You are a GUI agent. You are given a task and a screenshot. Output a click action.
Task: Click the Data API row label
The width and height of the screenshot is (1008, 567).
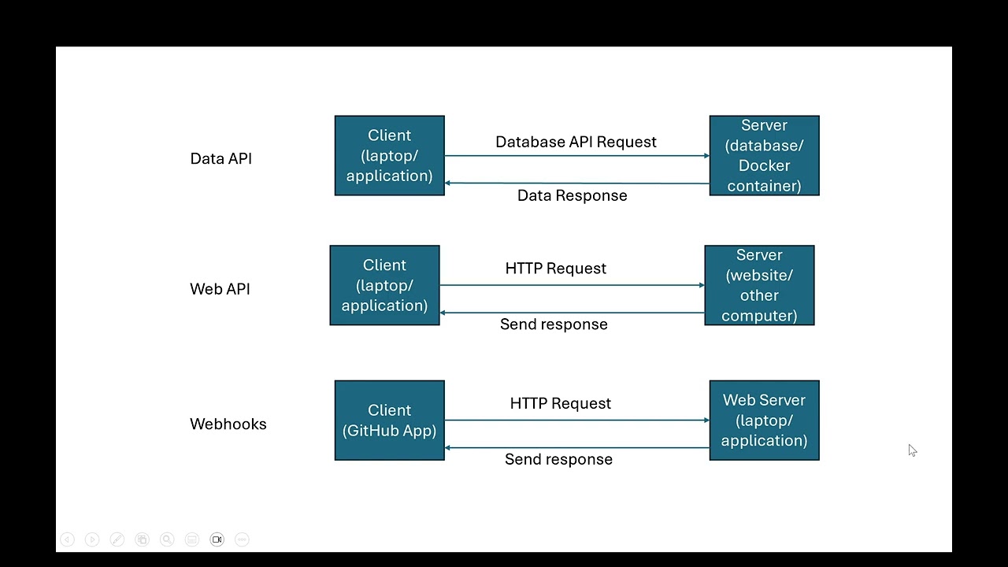coord(220,158)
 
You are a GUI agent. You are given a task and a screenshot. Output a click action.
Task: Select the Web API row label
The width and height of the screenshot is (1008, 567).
coord(220,289)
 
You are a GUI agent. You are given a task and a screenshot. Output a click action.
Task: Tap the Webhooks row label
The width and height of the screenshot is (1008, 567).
coord(228,424)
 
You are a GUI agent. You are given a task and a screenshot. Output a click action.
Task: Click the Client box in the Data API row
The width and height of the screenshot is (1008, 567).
coord(389,155)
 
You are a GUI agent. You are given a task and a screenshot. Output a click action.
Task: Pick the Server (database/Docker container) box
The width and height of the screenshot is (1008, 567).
coord(764,155)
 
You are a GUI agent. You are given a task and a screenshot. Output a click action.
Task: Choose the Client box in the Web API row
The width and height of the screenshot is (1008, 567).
coord(384,285)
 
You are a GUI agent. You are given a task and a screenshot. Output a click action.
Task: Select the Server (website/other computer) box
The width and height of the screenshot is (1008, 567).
coord(759,285)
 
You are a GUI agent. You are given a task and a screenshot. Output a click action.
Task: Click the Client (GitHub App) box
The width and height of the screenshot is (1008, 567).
coord(389,420)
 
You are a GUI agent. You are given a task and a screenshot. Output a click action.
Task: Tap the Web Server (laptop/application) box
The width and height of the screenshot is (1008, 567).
coord(764,420)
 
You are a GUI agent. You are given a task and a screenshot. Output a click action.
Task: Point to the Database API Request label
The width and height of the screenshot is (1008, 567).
coord(576,142)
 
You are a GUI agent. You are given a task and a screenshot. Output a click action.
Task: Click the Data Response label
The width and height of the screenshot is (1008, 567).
coord(572,195)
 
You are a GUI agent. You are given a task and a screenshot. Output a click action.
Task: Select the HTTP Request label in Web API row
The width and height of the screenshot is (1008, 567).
coord(555,269)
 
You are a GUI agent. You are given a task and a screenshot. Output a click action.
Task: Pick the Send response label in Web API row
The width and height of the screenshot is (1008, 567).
coord(554,324)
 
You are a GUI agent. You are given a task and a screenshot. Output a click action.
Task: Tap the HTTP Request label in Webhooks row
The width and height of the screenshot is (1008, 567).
coord(560,403)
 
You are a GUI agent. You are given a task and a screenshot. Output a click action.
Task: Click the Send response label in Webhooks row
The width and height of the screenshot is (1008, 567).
coord(558,459)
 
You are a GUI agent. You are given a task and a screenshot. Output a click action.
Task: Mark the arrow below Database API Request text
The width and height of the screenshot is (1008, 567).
coord(576,156)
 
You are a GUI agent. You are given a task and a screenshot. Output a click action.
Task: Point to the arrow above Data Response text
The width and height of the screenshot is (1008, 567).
coord(576,183)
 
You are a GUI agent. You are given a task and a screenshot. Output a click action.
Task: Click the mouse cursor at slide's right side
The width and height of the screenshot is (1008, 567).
coord(912,450)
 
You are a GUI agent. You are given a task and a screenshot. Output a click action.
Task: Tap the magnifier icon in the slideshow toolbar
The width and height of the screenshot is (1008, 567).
coord(167,539)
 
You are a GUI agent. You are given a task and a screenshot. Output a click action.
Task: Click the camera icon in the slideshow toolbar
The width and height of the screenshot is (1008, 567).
coord(217,539)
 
